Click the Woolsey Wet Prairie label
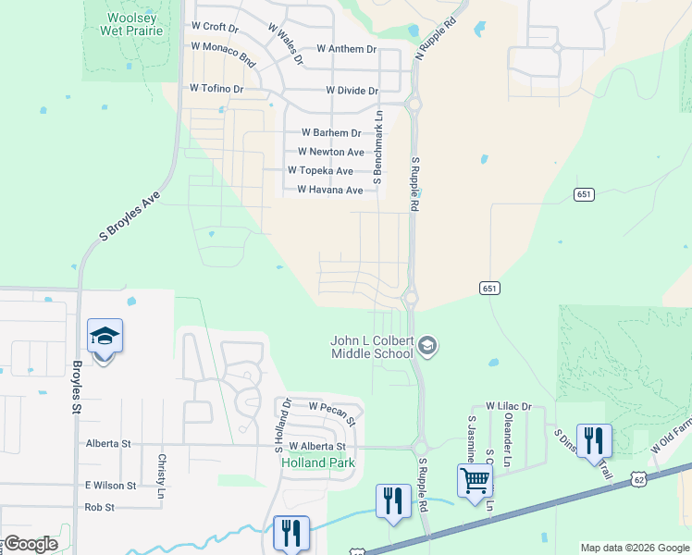(134, 24)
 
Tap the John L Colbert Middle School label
(372, 347)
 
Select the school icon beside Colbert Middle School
(427, 347)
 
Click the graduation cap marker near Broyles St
(105, 337)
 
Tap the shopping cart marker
(475, 481)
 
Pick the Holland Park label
(317, 462)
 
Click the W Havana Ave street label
(329, 191)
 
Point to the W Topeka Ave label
(320, 171)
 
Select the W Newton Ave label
(331, 152)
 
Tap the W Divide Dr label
(352, 91)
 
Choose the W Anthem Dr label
(346, 48)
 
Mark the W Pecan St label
(332, 406)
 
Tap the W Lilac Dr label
(509, 406)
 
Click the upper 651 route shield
(583, 195)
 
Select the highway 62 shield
(639, 478)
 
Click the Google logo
(31, 544)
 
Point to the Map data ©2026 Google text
(634, 548)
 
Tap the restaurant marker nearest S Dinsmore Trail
(592, 439)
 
